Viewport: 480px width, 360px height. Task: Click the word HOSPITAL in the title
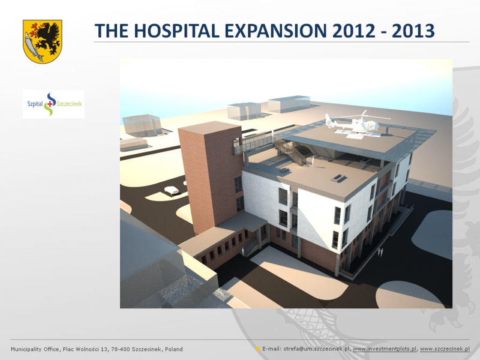tap(176, 31)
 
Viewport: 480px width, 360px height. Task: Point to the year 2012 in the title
tap(353, 31)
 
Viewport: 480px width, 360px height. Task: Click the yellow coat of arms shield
tap(42, 41)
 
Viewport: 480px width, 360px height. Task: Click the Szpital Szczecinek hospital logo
tap(53, 104)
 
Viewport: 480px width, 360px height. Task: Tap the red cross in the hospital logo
tap(50, 104)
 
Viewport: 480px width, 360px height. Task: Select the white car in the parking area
tap(172, 190)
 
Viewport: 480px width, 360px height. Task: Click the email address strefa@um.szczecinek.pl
tap(317, 349)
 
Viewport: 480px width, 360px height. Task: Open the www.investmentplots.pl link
tap(385, 349)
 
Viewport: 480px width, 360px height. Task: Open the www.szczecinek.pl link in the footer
tap(445, 349)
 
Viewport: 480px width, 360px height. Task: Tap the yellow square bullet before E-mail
tap(258, 349)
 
